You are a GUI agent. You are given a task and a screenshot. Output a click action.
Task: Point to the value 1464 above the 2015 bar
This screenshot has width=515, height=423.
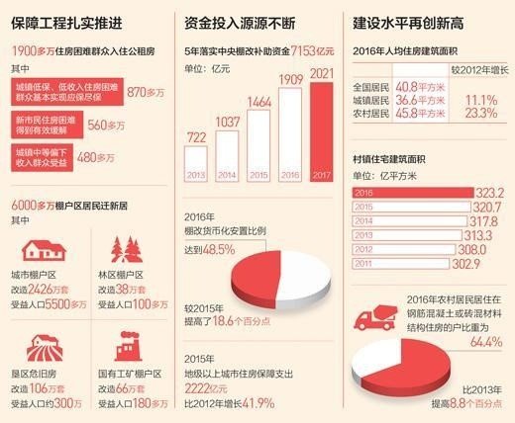pyautogui.click(x=260, y=102)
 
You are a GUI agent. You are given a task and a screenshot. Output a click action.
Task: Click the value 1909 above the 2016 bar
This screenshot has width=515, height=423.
pyautogui.click(x=291, y=77)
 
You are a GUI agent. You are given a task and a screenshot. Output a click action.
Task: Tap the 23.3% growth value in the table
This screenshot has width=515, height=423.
pyautogui.click(x=479, y=114)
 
